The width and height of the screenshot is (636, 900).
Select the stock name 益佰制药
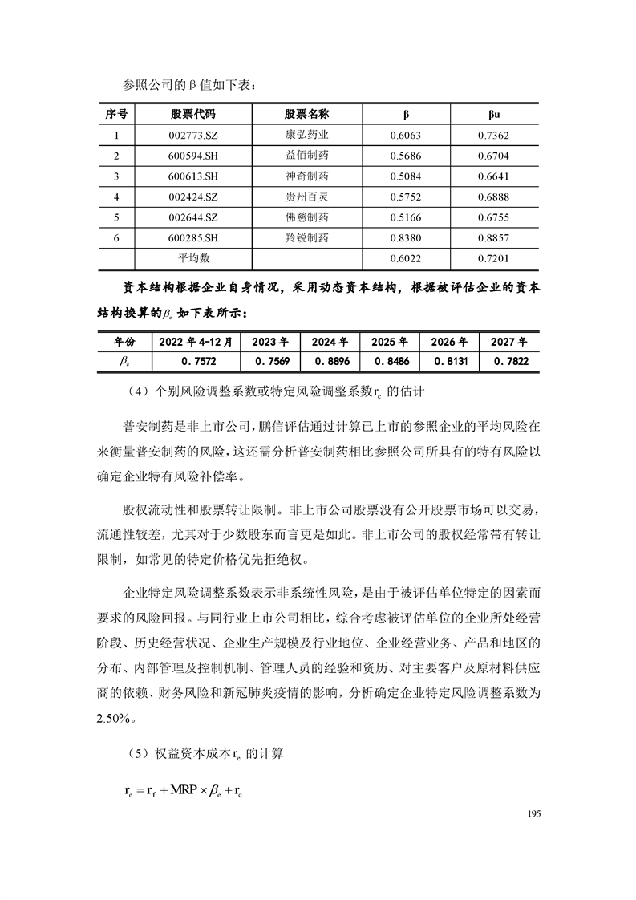coord(307,156)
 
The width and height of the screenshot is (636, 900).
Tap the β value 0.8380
coord(406,238)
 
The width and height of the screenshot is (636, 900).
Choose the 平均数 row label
coord(193,258)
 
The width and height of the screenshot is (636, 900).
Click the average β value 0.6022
coord(406,258)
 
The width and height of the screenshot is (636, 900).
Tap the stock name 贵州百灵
coord(307,197)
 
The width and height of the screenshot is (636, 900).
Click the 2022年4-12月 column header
coord(196,341)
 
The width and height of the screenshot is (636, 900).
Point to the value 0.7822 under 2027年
coord(509,362)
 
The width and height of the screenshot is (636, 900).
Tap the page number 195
coord(535,813)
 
